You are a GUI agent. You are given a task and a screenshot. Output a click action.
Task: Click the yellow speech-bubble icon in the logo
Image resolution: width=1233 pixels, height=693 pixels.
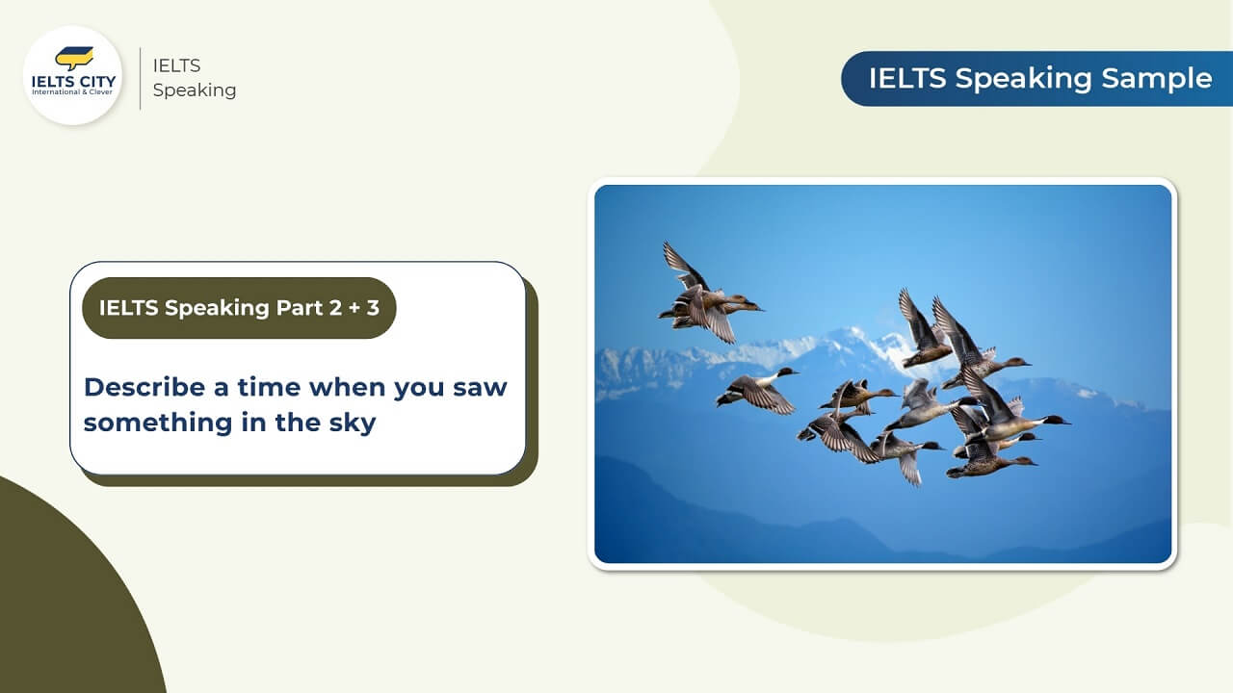point(74,58)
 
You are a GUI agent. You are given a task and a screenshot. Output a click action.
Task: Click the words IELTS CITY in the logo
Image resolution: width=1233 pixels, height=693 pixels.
point(74,82)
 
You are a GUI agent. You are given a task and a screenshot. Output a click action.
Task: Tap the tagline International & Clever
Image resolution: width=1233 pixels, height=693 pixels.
point(72,91)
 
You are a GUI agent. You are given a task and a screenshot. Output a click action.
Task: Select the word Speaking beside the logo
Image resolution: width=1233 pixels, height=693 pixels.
point(195,90)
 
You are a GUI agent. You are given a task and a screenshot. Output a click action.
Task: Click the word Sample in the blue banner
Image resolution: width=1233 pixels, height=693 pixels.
point(1157,78)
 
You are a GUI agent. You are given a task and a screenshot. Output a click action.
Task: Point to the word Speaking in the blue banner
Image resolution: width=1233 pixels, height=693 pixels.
point(1024,79)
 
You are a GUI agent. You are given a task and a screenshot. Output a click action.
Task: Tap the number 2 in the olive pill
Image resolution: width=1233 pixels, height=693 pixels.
point(336,308)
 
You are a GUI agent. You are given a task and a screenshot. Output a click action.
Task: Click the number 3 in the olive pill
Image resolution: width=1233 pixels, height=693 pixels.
point(373,308)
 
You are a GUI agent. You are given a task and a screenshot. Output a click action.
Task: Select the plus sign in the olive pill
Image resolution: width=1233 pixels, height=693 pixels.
point(355,308)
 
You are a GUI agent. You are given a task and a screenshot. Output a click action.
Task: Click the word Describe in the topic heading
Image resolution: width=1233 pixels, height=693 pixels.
point(144,387)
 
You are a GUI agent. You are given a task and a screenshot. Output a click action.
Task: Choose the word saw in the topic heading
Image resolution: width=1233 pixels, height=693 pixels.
point(480,388)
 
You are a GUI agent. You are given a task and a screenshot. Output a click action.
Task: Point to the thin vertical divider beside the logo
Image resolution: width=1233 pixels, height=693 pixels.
point(141,78)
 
